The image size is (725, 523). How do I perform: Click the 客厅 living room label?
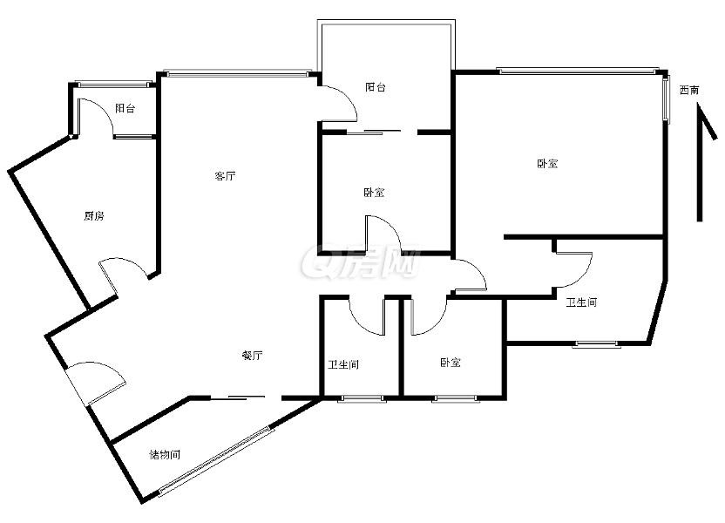pyautogui.click(x=225, y=176)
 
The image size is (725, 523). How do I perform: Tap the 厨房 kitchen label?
pyautogui.click(x=94, y=216)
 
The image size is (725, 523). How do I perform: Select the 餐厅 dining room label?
pyautogui.click(x=253, y=356)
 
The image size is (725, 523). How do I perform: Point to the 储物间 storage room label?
pyautogui.click(x=165, y=454)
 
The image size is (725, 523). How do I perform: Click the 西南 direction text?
pyautogui.click(x=689, y=90)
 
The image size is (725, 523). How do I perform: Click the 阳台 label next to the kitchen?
pyautogui.click(x=125, y=109)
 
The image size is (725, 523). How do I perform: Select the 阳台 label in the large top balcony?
pyautogui.click(x=376, y=87)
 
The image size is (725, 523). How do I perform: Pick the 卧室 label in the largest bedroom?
pyautogui.click(x=547, y=164)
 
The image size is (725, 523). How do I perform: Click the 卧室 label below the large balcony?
pyautogui.click(x=374, y=193)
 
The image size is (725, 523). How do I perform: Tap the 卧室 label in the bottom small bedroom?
pyautogui.click(x=451, y=363)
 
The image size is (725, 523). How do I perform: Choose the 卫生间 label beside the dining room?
pyautogui.click(x=343, y=365)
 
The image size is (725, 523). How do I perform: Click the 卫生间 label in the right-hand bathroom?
pyautogui.click(x=582, y=302)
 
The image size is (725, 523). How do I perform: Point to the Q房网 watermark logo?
pyautogui.click(x=361, y=261)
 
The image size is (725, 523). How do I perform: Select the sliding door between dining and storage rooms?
pyautogui.click(x=238, y=397)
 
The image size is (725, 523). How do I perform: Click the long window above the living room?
pyautogui.click(x=238, y=73)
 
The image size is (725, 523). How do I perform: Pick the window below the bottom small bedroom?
pyautogui.click(x=455, y=398)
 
